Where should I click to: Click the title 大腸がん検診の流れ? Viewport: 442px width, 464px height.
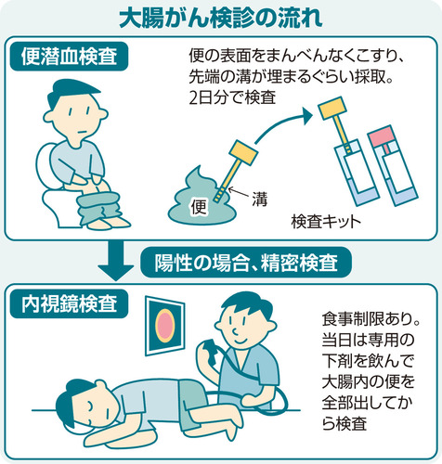pyautogui.click(x=221, y=18)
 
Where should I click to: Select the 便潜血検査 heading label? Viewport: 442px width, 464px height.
pyautogui.click(x=74, y=58)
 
